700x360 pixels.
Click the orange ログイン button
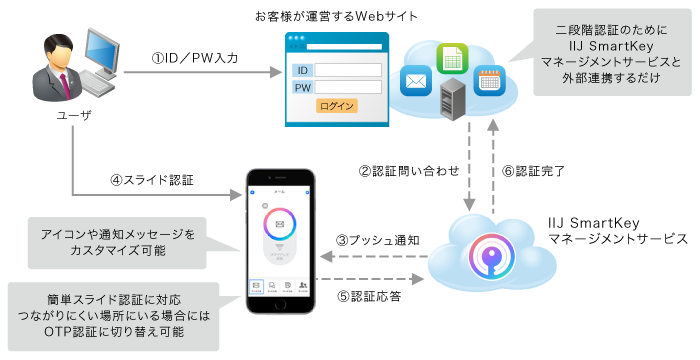coord(336,106)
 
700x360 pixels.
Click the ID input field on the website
coord(349,70)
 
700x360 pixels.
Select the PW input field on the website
coord(349,88)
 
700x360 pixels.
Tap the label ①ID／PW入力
coord(195,59)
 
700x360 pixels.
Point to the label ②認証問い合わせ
coord(406,170)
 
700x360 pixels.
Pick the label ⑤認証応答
coord(369,296)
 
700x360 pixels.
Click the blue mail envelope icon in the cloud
coord(415,77)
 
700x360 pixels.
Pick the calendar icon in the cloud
coord(488,80)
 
